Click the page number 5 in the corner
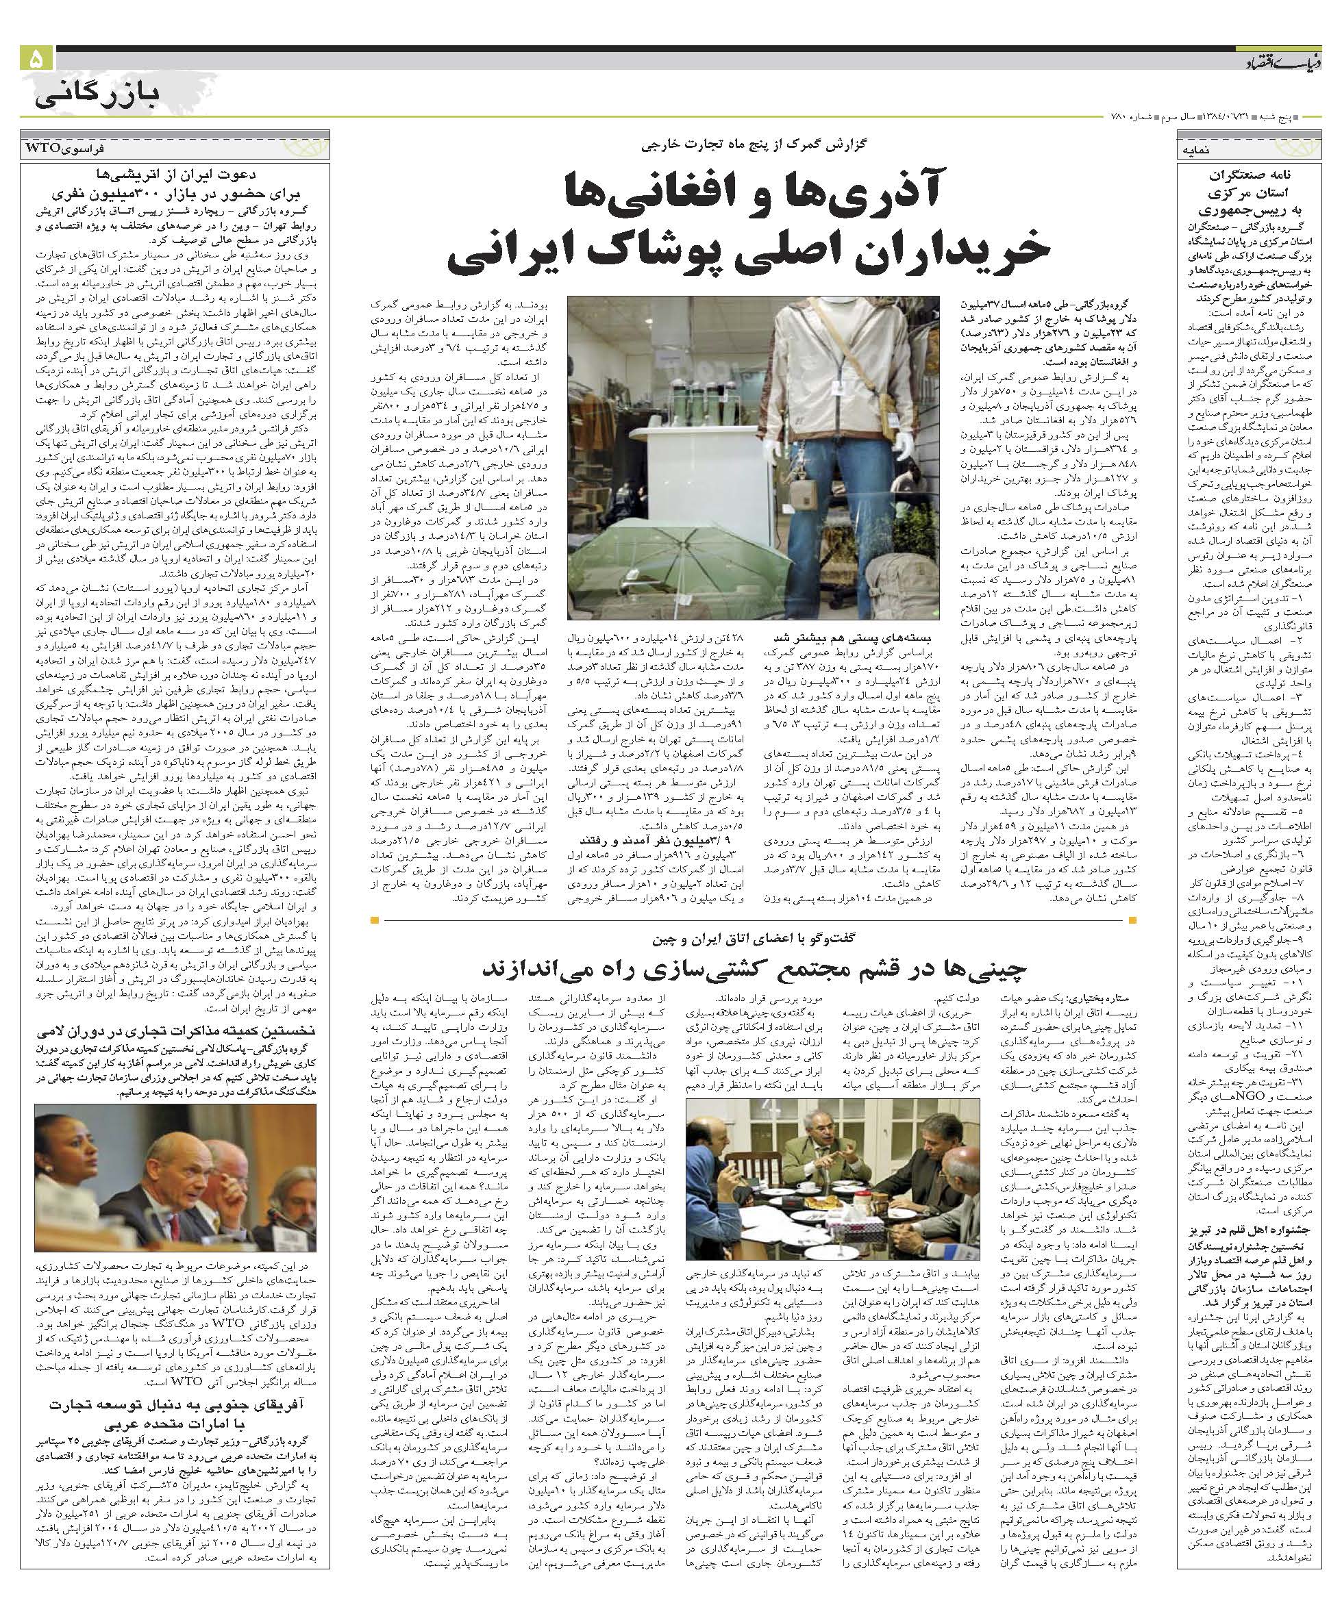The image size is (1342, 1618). coord(36,60)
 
